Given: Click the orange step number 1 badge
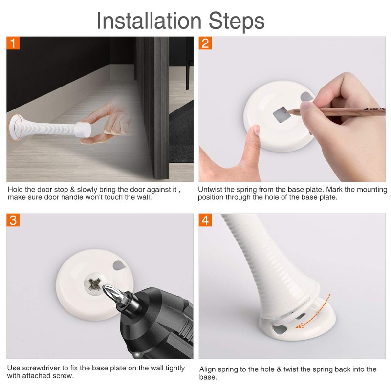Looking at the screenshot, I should [x=14, y=43].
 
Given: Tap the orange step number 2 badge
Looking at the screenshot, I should [x=205, y=43].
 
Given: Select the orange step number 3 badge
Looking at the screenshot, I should [x=14, y=220].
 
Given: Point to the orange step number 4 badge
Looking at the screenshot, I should [x=205, y=220].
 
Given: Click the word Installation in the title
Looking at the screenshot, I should [x=149, y=21].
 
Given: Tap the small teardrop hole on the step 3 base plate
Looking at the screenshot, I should [x=119, y=265].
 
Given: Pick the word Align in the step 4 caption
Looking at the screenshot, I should [x=208, y=369].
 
